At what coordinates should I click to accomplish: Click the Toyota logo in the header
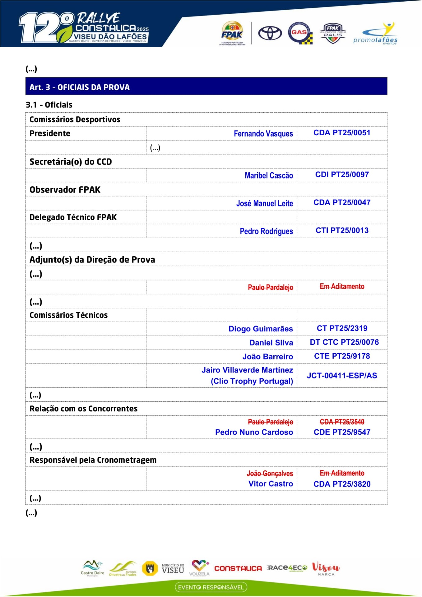pos(270,33)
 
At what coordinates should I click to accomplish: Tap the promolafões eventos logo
pos(375,34)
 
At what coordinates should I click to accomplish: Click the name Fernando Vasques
pos(263,134)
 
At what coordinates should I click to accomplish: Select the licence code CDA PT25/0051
pos(342,133)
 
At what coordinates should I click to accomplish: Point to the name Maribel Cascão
pos(269,175)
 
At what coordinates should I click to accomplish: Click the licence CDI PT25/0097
pos(342,174)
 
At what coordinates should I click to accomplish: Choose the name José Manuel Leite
pos(264,203)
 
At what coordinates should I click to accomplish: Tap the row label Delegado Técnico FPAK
pos(73,217)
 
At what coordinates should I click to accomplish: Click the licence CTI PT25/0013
pos(342,230)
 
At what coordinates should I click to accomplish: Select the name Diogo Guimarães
pos(261,329)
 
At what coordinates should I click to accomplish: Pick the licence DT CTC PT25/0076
pos(344,342)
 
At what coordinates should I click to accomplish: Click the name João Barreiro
pos(267,356)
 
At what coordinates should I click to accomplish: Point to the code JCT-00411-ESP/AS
pos(342,376)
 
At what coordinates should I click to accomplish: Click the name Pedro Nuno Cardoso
pos(254,432)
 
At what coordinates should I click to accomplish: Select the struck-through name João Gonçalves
pos(270,473)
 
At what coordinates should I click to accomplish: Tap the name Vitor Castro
pos(271,484)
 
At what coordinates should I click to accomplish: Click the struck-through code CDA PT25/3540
pos(342,422)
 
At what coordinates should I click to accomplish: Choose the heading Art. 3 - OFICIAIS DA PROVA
pos(80,87)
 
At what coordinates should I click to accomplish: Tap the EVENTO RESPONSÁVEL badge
pos(211,587)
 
